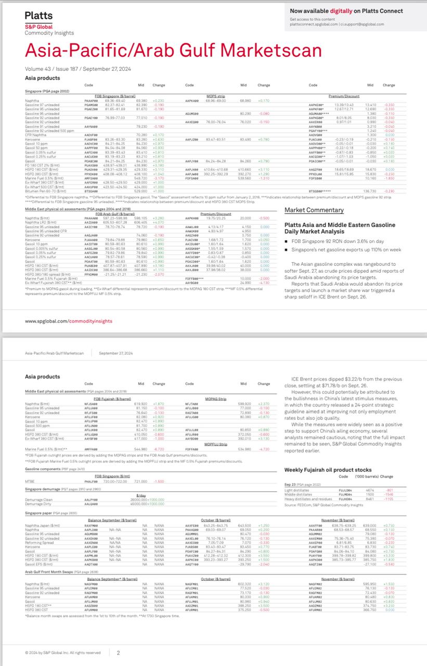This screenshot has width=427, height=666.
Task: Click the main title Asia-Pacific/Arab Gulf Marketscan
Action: [173, 50]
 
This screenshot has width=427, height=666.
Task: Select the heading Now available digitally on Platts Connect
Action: [346, 11]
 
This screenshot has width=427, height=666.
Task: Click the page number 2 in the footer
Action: [118, 652]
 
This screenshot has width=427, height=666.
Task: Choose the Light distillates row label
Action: [297, 490]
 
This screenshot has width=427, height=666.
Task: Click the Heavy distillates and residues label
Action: [309, 498]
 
